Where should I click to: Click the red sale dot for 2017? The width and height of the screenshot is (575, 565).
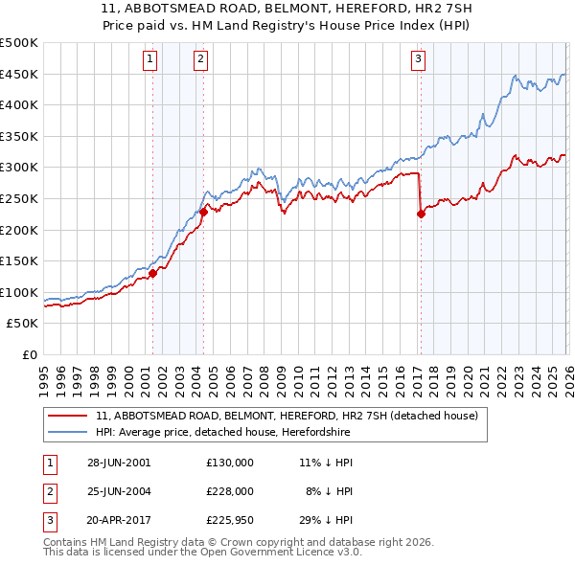pos(421,215)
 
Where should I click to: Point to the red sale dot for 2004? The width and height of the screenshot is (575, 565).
pos(203,213)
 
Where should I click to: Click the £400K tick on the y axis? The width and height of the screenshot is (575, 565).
pos(19,105)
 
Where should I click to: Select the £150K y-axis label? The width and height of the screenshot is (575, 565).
pos(19,260)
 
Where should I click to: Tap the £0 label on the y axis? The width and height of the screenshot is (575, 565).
pos(28,354)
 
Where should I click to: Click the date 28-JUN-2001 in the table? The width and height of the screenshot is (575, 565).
pos(118,462)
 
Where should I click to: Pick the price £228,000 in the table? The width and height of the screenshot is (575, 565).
pos(230,491)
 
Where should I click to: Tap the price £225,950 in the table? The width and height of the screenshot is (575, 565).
pos(230,521)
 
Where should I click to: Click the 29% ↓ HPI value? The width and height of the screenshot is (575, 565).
pos(325,521)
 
